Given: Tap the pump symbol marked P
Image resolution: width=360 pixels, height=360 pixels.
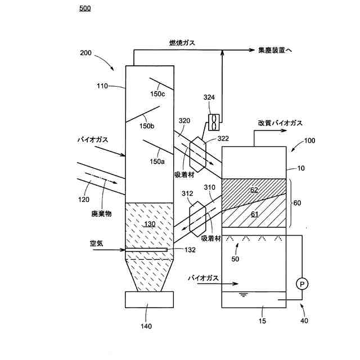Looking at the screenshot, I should (x=302, y=284).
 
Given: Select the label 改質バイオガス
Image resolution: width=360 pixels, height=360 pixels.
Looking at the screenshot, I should (x=280, y=123).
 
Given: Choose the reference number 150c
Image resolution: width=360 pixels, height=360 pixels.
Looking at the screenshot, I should (x=157, y=93).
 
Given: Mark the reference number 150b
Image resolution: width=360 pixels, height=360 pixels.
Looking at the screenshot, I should (x=147, y=125).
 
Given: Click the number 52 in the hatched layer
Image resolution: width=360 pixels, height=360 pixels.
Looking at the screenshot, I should (x=254, y=190).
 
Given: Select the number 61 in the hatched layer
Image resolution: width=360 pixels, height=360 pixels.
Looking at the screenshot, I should (x=254, y=214).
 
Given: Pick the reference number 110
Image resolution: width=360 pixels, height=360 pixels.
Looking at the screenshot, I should (x=102, y=86).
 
